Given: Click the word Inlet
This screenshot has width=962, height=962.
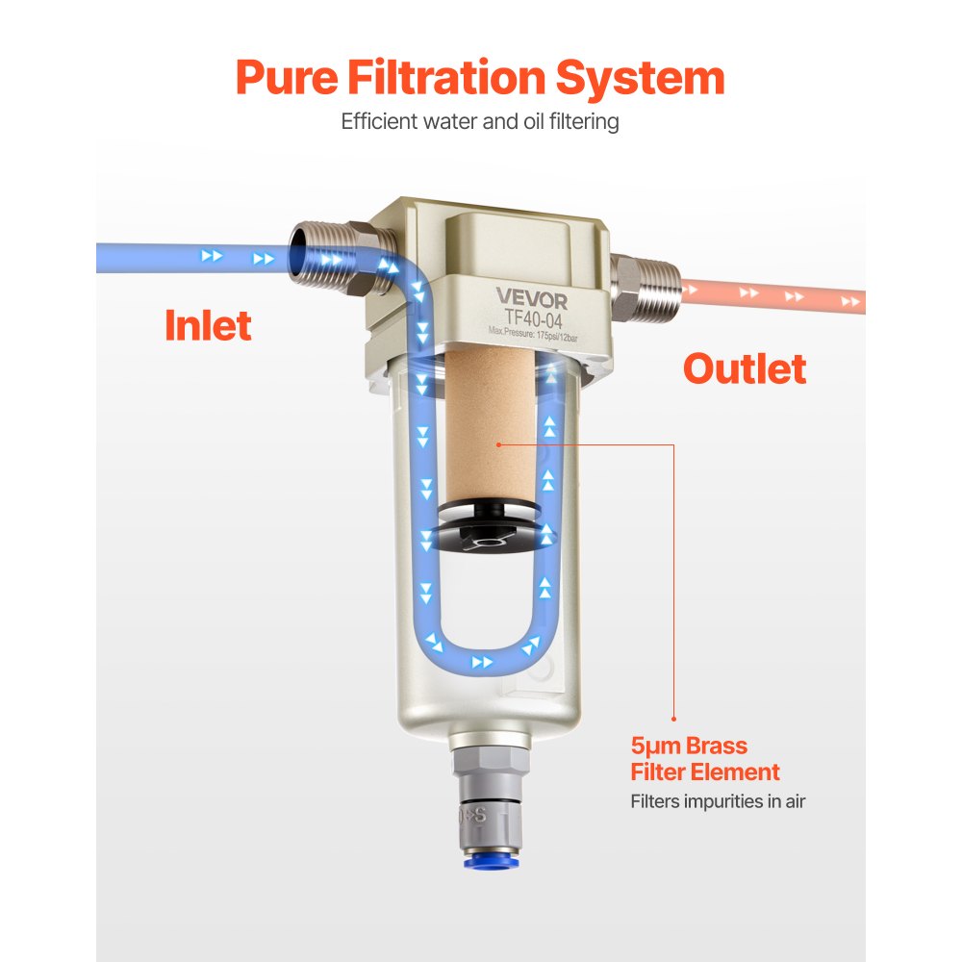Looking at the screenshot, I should [x=208, y=325].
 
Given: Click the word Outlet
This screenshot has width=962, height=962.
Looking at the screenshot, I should [x=745, y=368].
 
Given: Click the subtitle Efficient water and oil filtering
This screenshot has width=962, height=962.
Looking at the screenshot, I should [x=480, y=122].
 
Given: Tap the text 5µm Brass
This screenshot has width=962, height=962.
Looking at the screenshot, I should [x=689, y=746].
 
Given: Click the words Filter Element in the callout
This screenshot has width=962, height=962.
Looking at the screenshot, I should [x=705, y=772].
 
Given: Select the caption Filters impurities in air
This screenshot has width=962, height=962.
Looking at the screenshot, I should [x=718, y=800].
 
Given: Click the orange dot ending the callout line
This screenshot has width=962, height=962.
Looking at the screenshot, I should [x=673, y=718].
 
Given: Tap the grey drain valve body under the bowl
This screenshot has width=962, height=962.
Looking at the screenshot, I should [x=491, y=798].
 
